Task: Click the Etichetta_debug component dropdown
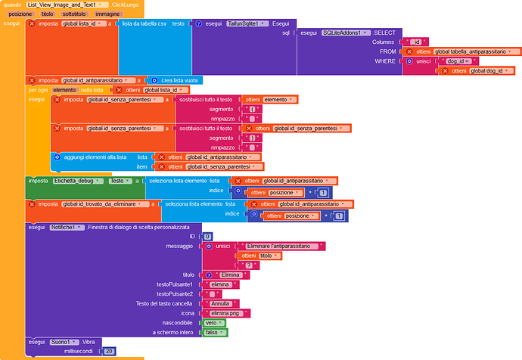tap(78, 181)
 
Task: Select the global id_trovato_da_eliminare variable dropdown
tap(105, 204)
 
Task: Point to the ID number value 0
tap(208, 237)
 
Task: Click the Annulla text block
tap(221, 303)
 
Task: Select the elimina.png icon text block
tap(226, 313)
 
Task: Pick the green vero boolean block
tap(214, 322)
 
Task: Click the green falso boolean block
tap(215, 332)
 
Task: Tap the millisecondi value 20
tap(110, 351)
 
